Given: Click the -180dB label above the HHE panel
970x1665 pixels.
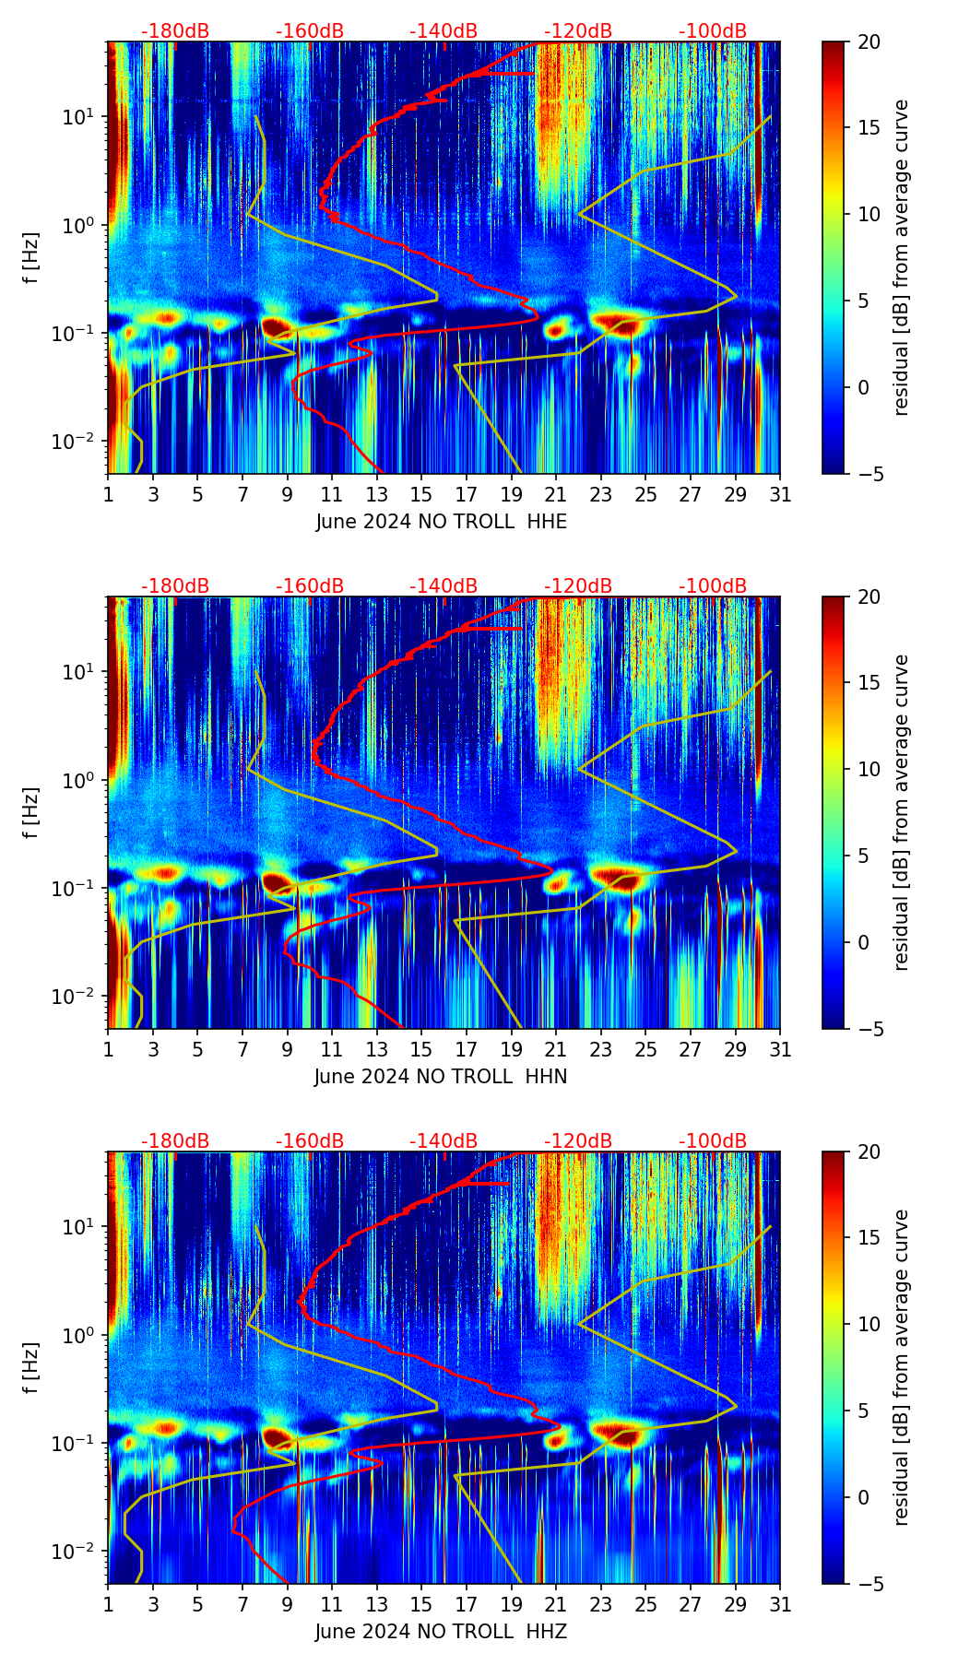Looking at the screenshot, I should coord(175,31).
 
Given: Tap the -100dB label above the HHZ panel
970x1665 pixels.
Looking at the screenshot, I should coord(713,1141).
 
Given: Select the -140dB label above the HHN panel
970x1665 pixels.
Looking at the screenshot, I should coord(444,586).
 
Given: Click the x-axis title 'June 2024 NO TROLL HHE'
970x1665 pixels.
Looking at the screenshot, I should coord(441,522).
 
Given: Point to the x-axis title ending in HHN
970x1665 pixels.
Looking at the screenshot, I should coord(441,1077).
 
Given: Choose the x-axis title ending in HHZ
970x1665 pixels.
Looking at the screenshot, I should coord(441,1632).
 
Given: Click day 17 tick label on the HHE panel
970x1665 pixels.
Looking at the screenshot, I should coord(467,494).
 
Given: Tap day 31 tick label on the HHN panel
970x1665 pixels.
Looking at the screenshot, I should coord(780,1049).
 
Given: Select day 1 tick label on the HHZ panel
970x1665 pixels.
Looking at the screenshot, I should coord(109,1604).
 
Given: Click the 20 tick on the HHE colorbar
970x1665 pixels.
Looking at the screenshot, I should coord(869,41).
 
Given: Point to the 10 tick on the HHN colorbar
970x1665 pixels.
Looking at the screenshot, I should coord(869,769).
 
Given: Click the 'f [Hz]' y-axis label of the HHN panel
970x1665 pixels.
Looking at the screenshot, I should coord(31,812).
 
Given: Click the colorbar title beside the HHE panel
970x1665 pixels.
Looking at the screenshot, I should coord(901,257).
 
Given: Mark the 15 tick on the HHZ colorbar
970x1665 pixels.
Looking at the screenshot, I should coord(869,1238).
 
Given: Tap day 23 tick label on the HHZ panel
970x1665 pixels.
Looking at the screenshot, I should coord(601,1604).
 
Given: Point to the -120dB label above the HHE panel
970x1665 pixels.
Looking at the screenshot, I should coord(578,31).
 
